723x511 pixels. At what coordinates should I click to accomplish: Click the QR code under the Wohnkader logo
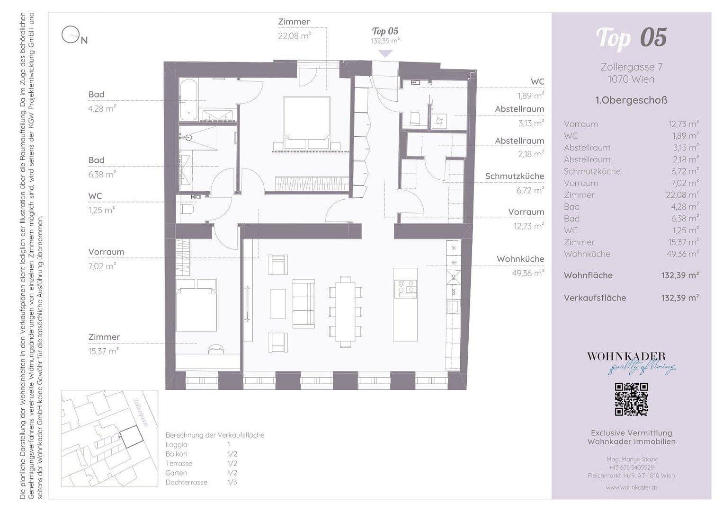631,399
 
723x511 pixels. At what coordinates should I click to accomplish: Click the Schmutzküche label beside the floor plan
514,176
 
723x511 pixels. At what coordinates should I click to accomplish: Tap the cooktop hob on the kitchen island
406,287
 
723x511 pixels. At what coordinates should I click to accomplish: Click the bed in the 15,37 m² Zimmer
196,305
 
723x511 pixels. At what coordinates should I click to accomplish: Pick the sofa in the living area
303,303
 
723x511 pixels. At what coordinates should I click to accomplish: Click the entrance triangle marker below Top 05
385,53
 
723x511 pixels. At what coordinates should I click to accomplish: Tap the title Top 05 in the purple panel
631,38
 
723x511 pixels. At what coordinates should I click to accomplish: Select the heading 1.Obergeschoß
631,100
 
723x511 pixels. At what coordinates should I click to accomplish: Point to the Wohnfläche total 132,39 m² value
679,275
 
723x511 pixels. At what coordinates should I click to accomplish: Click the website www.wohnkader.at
631,487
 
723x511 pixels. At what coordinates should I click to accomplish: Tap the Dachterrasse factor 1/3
232,483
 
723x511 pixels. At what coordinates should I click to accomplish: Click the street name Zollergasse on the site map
141,413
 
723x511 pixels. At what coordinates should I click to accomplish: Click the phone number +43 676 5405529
631,467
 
